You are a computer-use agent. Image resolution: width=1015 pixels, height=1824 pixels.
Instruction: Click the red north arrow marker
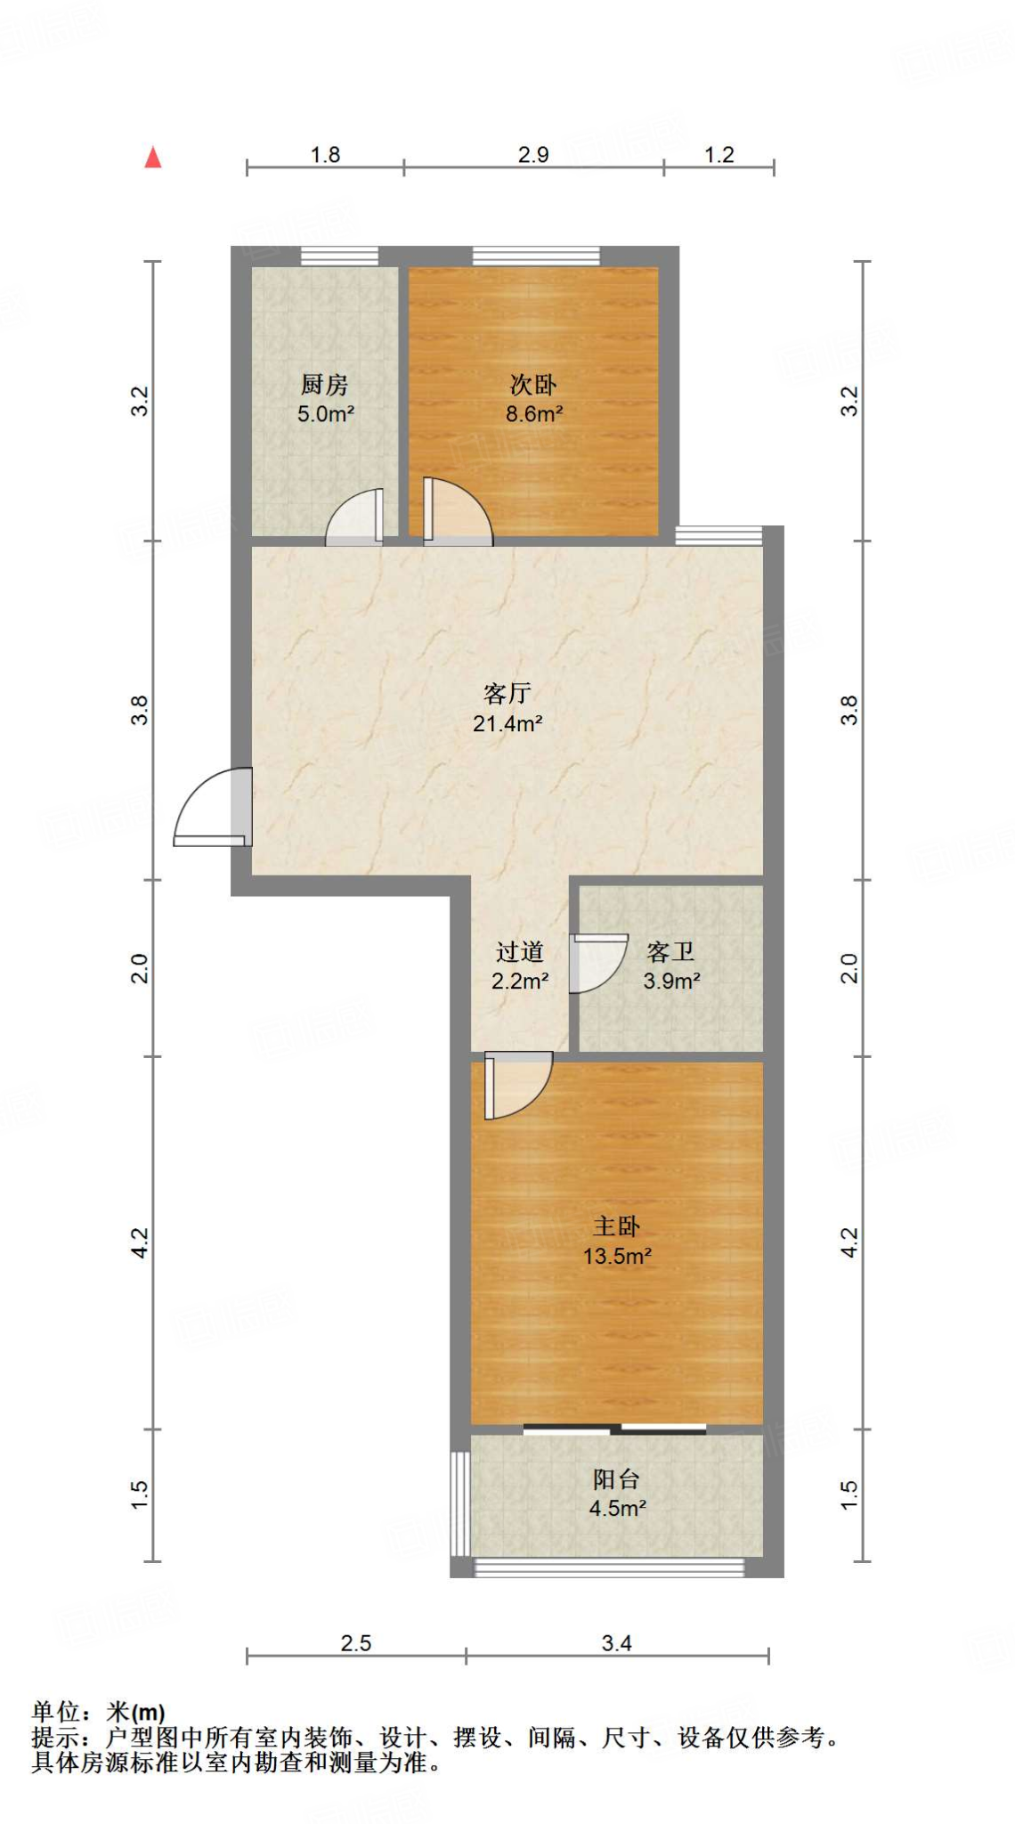point(153,158)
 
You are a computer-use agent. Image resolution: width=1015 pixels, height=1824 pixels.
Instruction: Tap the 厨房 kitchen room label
point(325,385)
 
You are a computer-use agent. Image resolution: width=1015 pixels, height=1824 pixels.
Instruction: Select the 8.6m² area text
point(534,413)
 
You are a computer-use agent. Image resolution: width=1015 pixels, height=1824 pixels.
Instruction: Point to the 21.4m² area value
point(507,723)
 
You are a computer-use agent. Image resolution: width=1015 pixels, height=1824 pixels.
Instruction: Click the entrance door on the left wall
point(213,806)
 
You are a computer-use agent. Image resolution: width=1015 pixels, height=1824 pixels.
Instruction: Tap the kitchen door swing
point(354,517)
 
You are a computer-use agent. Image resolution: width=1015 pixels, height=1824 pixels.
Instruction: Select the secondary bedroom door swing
point(458,511)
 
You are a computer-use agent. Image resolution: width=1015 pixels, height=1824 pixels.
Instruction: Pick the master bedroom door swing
point(518,1085)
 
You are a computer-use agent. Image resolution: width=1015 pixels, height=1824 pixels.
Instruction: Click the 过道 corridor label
point(520,952)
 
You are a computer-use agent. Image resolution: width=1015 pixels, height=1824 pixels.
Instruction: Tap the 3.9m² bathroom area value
point(672,981)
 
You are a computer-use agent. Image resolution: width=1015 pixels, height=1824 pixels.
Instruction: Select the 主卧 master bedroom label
point(617,1226)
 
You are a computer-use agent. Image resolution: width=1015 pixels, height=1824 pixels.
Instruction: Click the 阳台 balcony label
point(617,1479)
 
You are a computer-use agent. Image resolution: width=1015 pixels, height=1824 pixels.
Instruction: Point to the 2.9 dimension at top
point(533,154)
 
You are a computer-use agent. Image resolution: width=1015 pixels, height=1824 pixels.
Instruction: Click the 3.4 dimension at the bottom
point(616,1642)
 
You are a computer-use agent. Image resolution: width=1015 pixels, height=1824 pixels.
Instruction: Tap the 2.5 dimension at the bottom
point(356,1642)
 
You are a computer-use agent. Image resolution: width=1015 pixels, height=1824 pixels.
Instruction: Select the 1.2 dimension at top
point(719,154)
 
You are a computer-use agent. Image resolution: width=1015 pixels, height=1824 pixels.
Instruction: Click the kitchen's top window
point(339,256)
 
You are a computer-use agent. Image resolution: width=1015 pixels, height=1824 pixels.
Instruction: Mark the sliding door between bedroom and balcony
point(615,1429)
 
